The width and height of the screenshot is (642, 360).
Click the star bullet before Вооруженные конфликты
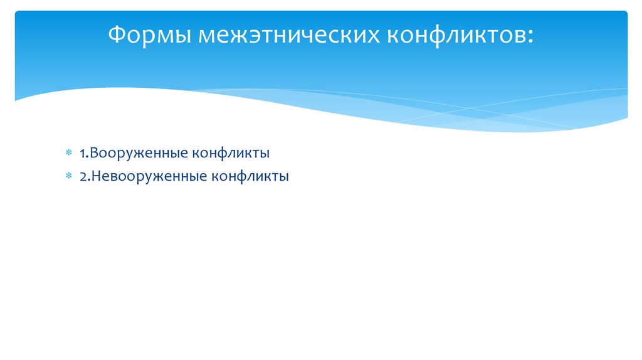point(70,153)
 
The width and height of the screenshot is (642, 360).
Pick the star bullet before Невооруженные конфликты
point(70,177)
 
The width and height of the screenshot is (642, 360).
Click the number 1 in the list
point(82,152)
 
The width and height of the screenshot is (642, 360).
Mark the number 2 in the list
point(83,176)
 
